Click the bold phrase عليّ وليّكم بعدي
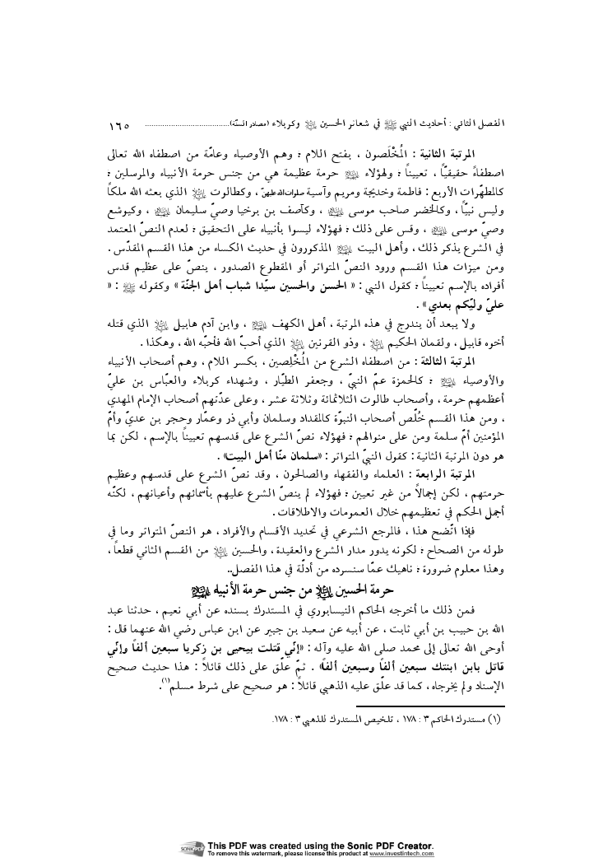tap(474, 312)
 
